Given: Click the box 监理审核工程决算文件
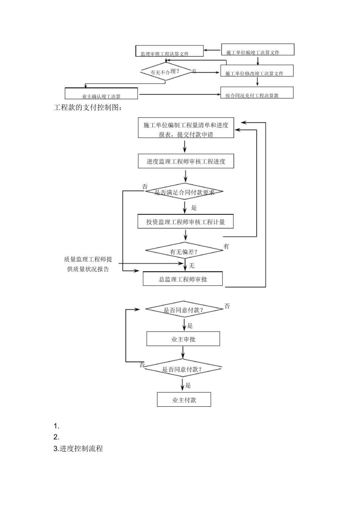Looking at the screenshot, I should tap(169, 52).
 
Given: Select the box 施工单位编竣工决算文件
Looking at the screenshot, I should tap(257, 50).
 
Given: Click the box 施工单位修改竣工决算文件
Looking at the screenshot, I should tap(257, 71).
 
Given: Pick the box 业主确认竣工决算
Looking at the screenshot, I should tap(101, 94).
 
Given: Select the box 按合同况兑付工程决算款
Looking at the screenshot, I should tap(257, 93).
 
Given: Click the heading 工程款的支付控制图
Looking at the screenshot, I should tap(88, 108).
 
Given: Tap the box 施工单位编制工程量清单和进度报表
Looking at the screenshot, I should tap(186, 128).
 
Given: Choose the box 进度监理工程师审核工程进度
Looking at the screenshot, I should tap(186, 161).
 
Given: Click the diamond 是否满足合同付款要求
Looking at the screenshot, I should tap(185, 192).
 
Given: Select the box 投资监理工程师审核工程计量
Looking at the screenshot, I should tap(185, 222).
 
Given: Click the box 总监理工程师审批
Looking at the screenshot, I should tap(183, 279).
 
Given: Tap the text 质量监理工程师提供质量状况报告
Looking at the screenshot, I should tap(88, 264).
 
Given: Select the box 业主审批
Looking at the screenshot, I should tap(183, 339).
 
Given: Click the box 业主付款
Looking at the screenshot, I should tap(184, 400).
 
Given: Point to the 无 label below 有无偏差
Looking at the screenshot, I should tap(192, 265).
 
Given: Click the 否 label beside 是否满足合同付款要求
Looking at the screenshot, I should tap(145, 186).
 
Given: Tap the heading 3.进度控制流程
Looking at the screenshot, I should tap(78, 448).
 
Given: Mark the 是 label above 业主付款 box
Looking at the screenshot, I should tap(188, 385).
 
